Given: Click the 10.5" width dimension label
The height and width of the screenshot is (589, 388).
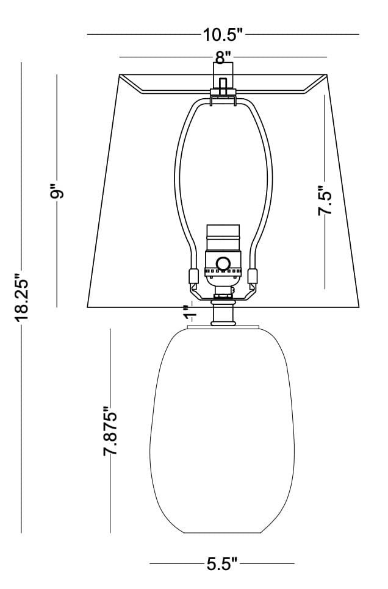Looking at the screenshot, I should click(223, 34).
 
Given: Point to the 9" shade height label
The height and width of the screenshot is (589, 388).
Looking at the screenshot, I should click(57, 192).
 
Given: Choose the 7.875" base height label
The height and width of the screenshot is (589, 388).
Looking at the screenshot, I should click(110, 431).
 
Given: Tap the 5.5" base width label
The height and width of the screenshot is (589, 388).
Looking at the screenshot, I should click(221, 564).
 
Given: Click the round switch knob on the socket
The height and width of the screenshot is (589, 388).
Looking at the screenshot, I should click(224, 263).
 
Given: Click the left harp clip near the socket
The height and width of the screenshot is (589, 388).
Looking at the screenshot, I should click(193, 276).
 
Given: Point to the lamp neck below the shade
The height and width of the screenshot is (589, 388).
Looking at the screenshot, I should click(223, 313).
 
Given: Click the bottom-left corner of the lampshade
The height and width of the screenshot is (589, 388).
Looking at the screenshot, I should click(88, 305).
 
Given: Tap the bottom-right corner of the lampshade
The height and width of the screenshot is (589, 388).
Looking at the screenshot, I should click(358, 305).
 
